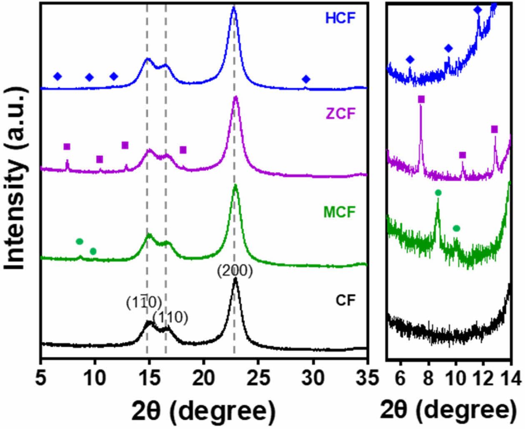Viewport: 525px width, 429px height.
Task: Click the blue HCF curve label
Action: pos(340,18)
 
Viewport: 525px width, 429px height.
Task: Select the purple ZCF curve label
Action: pos(341,113)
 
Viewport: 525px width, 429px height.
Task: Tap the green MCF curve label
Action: pos(340,212)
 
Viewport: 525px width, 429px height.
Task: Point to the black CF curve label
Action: pos(345,300)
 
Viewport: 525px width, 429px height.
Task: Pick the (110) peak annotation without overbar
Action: pos(170,318)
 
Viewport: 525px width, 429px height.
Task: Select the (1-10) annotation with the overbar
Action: pos(144,304)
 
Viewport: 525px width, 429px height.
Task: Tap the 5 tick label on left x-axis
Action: pos(41,379)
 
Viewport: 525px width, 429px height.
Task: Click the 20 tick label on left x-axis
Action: pos(203,379)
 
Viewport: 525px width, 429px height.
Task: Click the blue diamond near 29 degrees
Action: pos(306,79)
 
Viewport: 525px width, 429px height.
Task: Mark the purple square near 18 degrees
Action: pos(183,150)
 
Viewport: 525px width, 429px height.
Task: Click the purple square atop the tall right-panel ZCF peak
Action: pos(421,99)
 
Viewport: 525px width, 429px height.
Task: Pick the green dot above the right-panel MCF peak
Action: pos(438,193)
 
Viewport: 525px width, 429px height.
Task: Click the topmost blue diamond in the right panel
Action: pos(478,10)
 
